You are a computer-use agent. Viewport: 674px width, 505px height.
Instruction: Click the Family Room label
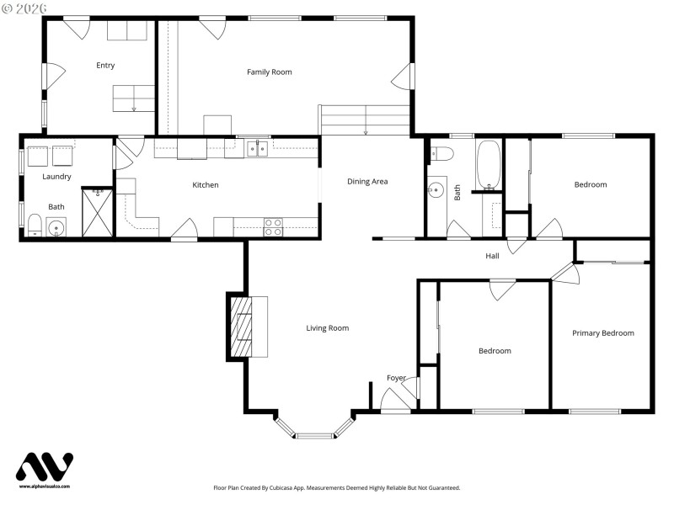point(269,72)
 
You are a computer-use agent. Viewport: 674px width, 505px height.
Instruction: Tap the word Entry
point(105,66)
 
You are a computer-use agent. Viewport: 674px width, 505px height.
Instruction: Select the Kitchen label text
point(206,185)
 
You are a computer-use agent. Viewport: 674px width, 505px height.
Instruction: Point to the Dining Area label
point(367,182)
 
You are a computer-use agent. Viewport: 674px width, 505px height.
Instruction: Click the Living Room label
point(327,328)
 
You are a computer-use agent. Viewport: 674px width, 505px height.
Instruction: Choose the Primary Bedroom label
point(602,333)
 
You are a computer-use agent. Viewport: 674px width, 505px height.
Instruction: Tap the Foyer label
point(396,378)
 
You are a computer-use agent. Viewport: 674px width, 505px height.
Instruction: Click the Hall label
point(492,256)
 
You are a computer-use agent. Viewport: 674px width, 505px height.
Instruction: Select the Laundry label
point(57,177)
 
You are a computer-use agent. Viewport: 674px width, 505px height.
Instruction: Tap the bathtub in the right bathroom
point(489,165)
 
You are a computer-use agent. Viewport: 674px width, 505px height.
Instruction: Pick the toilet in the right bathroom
point(441,154)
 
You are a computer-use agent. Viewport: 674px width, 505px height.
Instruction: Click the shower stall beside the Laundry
point(97,213)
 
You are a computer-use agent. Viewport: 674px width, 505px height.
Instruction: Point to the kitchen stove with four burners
point(274,226)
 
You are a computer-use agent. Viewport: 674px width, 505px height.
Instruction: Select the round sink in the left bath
point(57,226)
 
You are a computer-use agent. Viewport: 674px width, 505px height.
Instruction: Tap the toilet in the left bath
point(35,224)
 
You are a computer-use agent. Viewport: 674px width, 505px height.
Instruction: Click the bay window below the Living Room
point(314,433)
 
